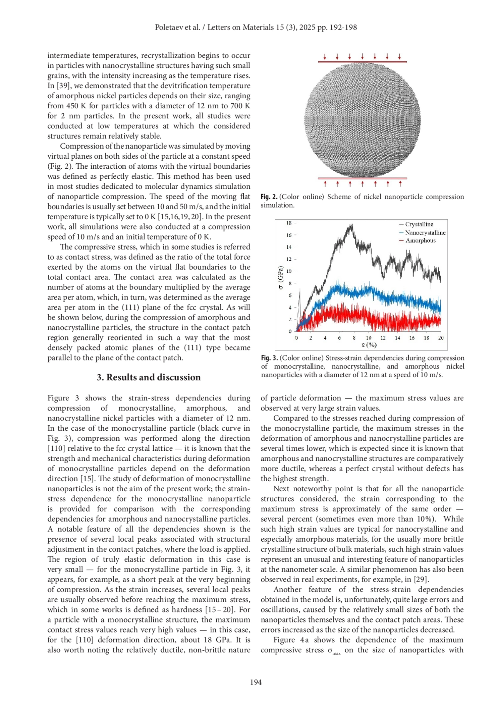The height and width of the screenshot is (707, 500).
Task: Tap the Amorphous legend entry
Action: pos(420,240)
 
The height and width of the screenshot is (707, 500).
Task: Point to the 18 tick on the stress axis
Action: pos(289,223)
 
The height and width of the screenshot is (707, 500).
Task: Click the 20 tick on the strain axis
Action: pos(441,338)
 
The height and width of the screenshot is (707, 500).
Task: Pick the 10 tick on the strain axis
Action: pos(369,338)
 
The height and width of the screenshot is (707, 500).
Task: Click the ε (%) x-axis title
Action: pos(369,345)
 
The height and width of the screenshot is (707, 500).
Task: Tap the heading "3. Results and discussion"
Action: pos(149,377)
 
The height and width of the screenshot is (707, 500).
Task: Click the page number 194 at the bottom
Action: pos(256,682)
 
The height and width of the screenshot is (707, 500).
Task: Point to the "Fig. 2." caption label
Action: pos(269,197)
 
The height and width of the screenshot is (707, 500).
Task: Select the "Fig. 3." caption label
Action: pos(270,358)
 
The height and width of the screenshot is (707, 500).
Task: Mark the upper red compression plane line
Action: pos(362,62)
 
